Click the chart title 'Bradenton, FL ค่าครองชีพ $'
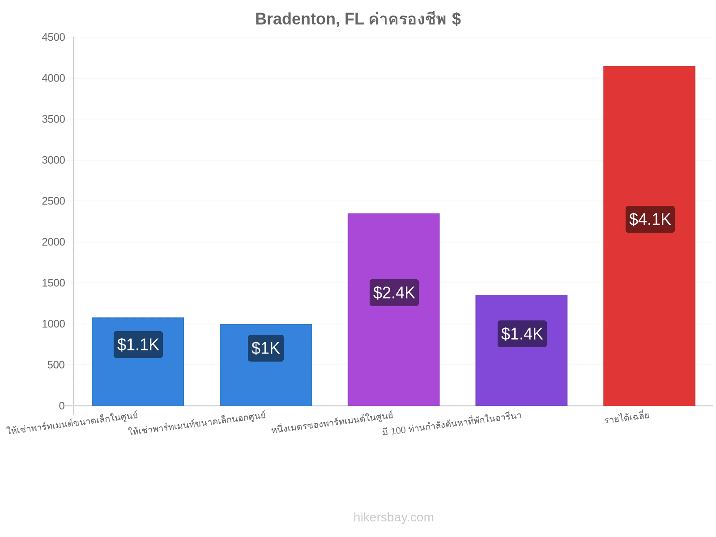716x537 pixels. point(358,19)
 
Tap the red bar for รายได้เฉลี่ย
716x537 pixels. point(649,236)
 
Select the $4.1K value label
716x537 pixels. point(650,219)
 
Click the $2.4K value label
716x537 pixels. point(394,293)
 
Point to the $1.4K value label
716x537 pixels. point(522,333)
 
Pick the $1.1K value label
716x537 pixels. point(138,344)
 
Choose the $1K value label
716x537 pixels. point(265,348)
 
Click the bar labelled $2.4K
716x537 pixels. point(393,309)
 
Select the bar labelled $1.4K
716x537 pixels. point(521,350)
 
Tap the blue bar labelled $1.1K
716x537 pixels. point(138,362)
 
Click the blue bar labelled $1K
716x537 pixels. point(265,365)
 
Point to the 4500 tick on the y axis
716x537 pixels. point(53,37)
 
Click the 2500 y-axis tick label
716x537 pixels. point(53,201)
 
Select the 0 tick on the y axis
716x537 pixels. point(62,405)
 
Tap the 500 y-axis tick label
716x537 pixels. point(56,365)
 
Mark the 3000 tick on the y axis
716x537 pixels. point(53,160)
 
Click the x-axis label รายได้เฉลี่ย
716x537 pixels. point(626,418)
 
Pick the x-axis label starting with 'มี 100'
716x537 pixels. point(452,423)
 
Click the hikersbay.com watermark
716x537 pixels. point(393,517)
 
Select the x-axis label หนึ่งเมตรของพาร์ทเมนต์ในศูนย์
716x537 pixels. point(332,422)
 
